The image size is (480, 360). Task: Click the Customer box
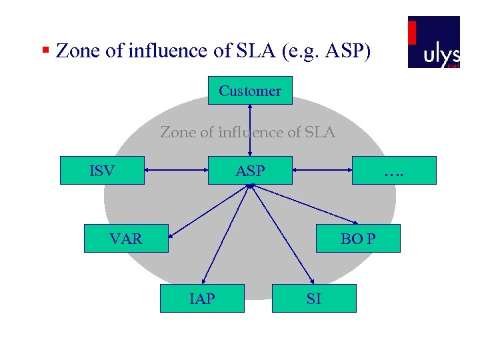(250, 91)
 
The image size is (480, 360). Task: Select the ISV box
(102, 170)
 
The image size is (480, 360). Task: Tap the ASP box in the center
(250, 171)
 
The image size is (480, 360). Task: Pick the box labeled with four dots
(394, 170)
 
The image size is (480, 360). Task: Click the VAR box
(126, 238)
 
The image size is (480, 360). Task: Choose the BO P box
(358, 238)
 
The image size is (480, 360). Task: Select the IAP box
(202, 298)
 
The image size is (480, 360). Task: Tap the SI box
(314, 298)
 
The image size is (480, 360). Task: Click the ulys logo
(434, 42)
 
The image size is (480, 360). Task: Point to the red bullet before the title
(45, 50)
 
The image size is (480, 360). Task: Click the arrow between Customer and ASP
(250, 130)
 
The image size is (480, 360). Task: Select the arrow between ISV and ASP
(177, 171)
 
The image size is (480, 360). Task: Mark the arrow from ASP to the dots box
(323, 171)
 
